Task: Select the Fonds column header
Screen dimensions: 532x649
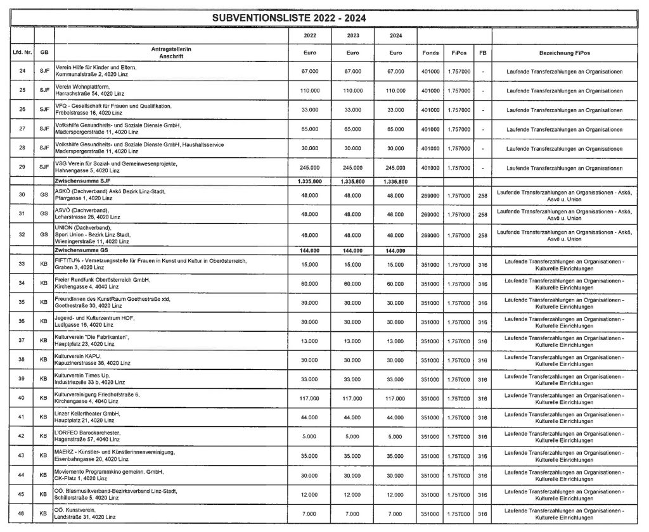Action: tap(430, 53)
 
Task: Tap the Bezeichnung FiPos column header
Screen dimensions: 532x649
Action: tap(565, 53)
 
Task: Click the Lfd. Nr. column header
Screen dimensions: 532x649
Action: tap(22, 53)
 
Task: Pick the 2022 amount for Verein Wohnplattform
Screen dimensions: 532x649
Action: tap(308, 90)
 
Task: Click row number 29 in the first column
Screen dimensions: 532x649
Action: tap(22, 167)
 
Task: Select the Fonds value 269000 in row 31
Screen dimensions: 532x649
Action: tap(430, 214)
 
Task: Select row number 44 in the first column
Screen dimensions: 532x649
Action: tap(22, 475)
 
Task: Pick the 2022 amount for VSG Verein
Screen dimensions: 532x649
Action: tap(308, 167)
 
